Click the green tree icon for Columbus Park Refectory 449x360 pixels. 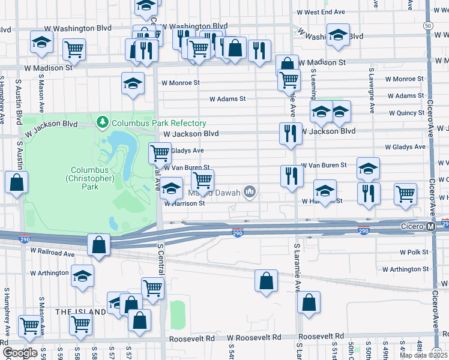coord(103,123)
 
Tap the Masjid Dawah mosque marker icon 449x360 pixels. coord(250,193)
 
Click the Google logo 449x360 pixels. coord(19,353)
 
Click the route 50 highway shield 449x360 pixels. coord(427,26)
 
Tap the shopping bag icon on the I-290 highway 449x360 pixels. coord(99,245)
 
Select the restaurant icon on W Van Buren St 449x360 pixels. coord(292,176)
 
